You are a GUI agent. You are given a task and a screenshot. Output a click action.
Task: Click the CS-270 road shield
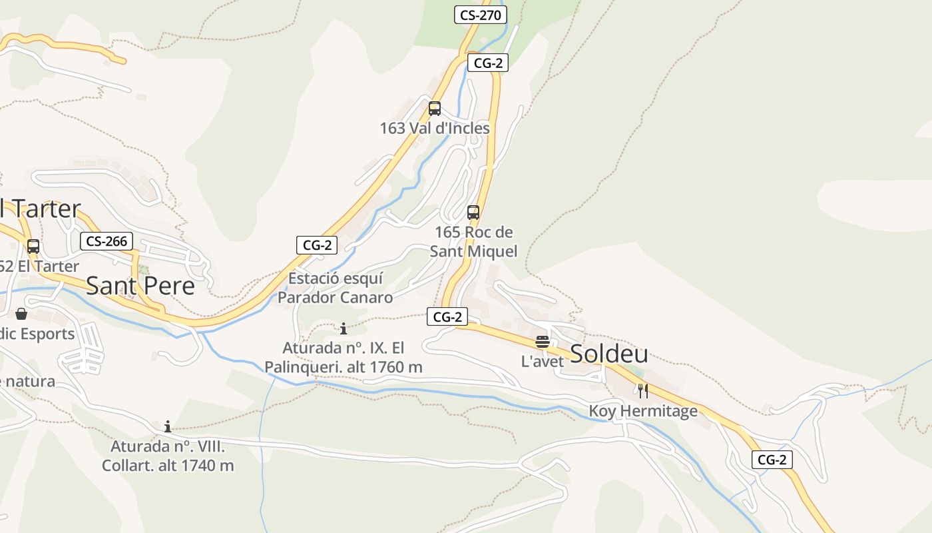tap(481, 15)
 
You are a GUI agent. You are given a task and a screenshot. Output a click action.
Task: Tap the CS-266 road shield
tap(107, 241)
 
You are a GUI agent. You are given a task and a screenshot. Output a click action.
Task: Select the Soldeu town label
tap(608, 354)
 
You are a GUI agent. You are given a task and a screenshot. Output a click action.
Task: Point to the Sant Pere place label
tap(140, 285)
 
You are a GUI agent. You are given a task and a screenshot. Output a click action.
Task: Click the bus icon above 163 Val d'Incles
tap(435, 108)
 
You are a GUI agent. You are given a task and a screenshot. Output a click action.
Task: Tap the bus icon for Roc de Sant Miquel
tap(473, 213)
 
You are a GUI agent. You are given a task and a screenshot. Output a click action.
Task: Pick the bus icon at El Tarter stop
tap(33, 247)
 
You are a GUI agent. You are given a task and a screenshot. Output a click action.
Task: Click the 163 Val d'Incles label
tap(435, 128)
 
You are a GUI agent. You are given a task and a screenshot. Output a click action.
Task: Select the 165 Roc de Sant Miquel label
tap(473, 241)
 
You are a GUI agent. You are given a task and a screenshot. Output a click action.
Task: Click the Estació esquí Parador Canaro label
tap(336, 288)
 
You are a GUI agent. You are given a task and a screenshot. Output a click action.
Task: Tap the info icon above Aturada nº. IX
tap(344, 328)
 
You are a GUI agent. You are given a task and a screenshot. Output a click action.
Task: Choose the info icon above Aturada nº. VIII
tap(168, 426)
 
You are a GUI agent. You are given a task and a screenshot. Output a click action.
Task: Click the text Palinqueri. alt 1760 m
tap(344, 367)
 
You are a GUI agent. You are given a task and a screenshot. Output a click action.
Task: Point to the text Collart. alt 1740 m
tap(168, 465)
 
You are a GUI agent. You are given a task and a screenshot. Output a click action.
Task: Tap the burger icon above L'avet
tap(543, 342)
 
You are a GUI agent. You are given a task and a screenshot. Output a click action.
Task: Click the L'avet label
tap(543, 362)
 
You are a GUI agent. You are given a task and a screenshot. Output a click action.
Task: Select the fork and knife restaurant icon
tap(643, 391)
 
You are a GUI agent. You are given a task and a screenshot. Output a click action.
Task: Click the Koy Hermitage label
tap(643, 411)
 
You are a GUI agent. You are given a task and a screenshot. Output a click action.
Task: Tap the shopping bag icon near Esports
tap(21, 314)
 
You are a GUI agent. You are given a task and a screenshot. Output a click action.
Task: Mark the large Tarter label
tap(40, 209)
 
